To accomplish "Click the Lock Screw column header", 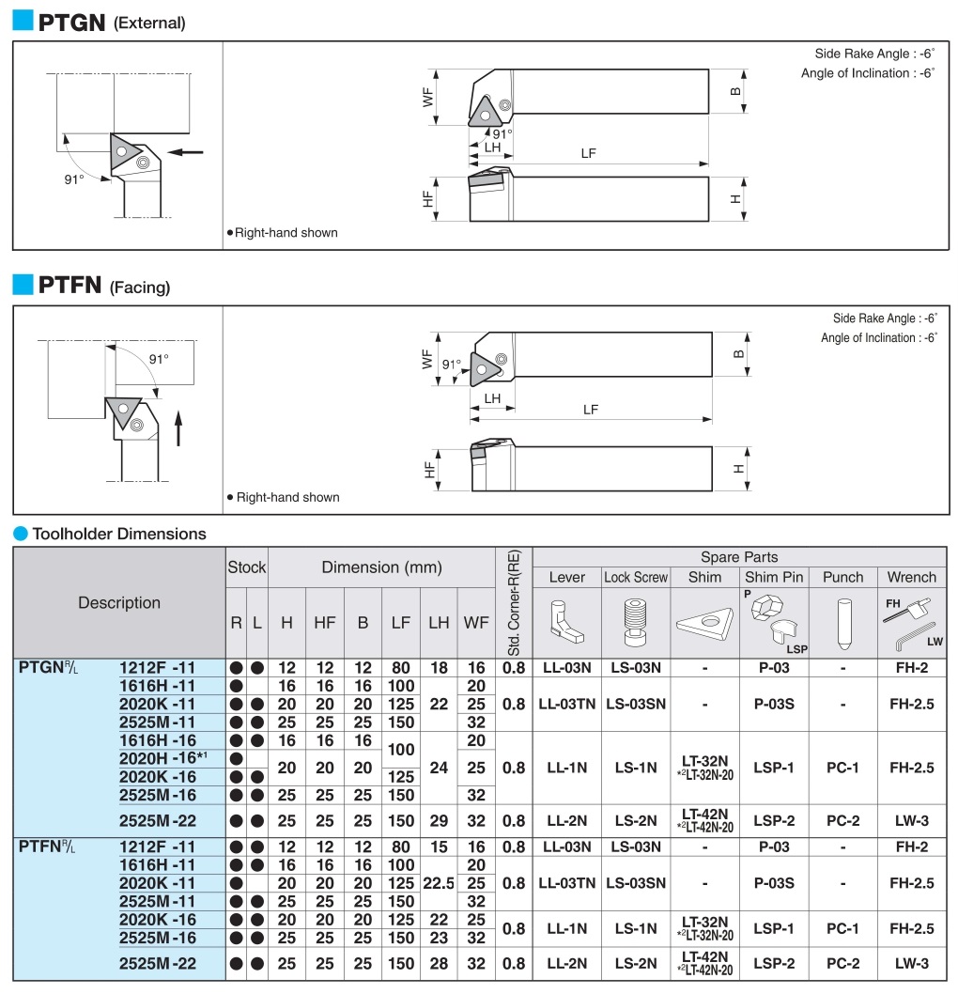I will pos(636,577).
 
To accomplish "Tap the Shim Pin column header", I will pos(773,577).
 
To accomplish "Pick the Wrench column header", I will pos(911,577).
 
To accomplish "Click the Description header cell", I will pos(119,602).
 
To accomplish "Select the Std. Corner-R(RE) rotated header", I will pos(514,601).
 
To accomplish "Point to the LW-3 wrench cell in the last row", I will pos(911,963).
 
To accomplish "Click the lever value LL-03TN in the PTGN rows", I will pos(566,704).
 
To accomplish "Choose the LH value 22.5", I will pos(439,883).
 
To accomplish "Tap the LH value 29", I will pos(439,820).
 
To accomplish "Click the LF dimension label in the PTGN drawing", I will pos(588,153).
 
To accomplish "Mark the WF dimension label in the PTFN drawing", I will pos(428,359).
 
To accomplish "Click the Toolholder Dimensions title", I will pos(119,534).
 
